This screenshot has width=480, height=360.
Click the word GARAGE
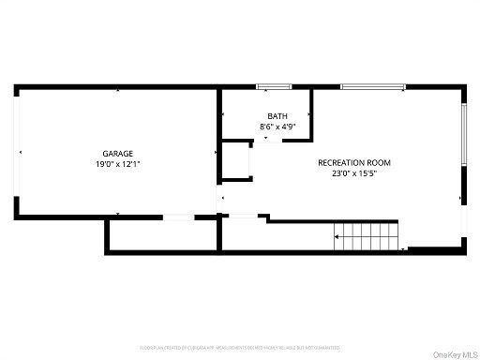coord(117,153)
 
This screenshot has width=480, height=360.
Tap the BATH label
coord(266,117)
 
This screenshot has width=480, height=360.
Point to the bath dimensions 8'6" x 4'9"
coord(266,127)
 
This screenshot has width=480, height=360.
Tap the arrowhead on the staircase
coord(337,237)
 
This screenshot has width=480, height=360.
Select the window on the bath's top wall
coord(266,87)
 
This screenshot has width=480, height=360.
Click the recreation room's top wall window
coord(372,87)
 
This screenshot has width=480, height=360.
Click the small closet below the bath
coord(236,161)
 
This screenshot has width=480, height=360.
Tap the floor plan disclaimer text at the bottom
coord(239,348)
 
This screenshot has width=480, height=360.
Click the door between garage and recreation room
coord(221,198)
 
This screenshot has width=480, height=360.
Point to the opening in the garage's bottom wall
coord(178,217)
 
